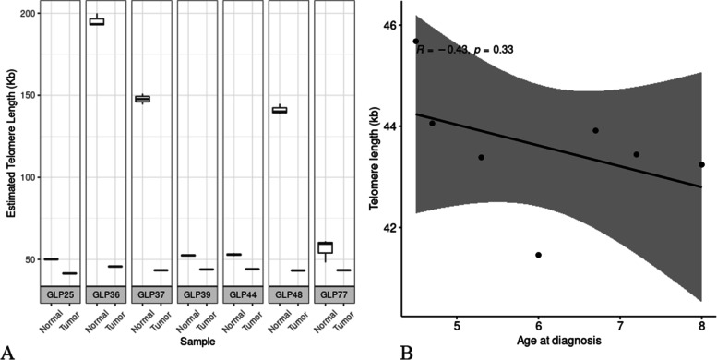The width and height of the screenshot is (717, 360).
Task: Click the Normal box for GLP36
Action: (x=95, y=21)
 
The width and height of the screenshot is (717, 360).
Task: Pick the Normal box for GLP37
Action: (x=141, y=99)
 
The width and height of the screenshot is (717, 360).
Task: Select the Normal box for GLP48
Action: (x=278, y=110)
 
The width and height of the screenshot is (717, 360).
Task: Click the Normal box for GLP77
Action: (x=324, y=247)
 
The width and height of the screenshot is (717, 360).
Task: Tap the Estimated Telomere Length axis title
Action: (x=8, y=148)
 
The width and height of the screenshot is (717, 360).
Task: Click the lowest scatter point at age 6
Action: (x=538, y=255)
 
